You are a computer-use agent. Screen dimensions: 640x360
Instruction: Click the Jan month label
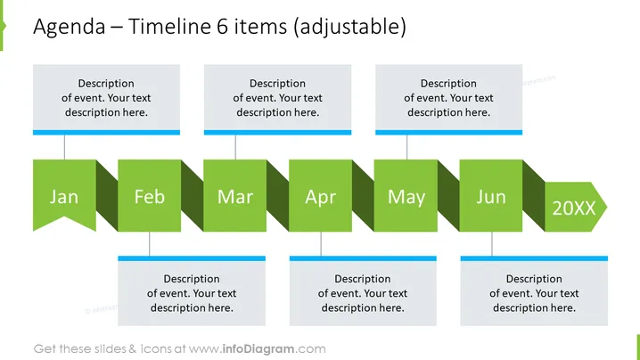coord(64,197)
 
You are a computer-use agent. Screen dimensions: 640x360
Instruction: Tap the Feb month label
coord(150,197)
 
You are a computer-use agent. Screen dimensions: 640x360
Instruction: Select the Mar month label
coord(235,197)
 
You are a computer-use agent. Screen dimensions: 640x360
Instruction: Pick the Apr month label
coord(320,198)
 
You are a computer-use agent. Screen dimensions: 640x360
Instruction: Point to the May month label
coord(406,198)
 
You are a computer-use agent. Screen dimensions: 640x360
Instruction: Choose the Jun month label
coord(491,197)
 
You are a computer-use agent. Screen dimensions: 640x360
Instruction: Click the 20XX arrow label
coord(574,209)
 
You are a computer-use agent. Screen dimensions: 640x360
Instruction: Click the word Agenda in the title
coord(70,28)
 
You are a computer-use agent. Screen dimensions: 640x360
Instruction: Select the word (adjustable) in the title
coord(349,28)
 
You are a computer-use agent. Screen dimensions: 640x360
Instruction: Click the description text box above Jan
coord(106,97)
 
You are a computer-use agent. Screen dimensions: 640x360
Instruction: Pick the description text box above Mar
coord(277,97)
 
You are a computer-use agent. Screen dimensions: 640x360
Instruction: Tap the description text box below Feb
coord(192,293)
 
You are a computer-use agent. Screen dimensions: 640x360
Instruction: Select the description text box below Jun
coord(534,293)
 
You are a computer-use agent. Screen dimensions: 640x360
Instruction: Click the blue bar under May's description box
coord(448,132)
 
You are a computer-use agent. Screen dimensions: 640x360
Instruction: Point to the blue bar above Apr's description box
coord(363,258)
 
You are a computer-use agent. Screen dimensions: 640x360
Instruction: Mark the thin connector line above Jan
coord(64,147)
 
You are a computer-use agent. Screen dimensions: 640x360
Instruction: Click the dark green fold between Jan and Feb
coord(107,196)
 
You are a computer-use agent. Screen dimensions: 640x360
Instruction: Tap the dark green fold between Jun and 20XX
coord(533,196)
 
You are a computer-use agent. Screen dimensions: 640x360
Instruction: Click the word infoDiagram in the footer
coord(258,349)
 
